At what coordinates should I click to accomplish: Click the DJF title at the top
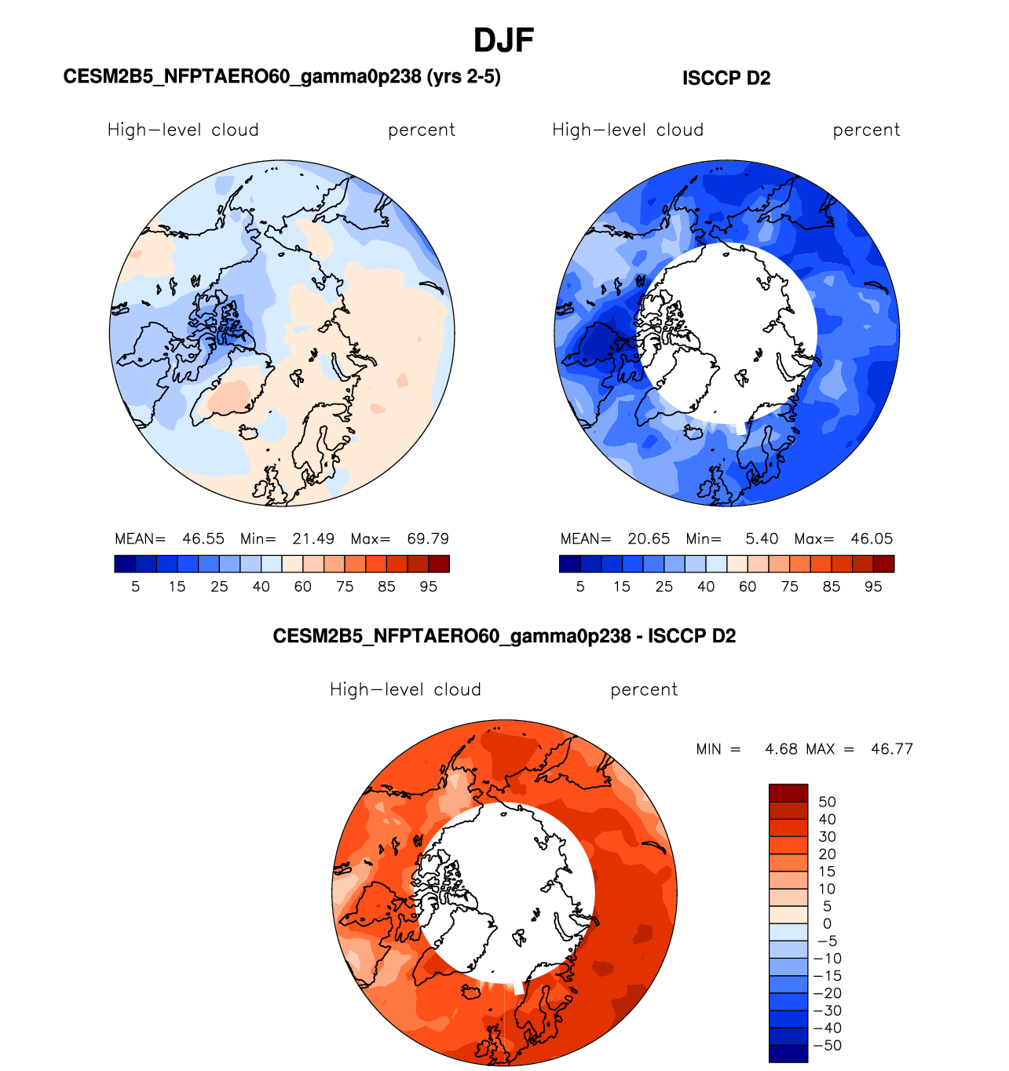(504, 40)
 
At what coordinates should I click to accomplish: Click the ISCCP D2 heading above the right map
(726, 79)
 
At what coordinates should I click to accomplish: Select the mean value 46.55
(203, 539)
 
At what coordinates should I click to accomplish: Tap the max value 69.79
(428, 539)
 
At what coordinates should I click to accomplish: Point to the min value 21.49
(313, 539)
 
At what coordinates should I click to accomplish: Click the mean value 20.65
(649, 539)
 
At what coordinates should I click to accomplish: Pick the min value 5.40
(762, 539)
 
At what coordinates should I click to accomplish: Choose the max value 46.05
(872, 539)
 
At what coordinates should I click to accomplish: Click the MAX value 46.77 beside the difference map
(892, 749)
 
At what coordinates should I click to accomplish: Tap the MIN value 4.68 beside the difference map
(781, 749)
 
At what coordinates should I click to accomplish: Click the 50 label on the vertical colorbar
(827, 802)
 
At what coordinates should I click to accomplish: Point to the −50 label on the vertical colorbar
(827, 1045)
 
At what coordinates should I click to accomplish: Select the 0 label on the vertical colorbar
(827, 923)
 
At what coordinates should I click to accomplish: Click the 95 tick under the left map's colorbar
(428, 587)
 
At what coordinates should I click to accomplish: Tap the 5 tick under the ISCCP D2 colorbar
(580, 587)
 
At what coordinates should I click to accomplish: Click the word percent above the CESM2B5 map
(422, 130)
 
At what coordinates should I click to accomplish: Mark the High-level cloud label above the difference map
(405, 690)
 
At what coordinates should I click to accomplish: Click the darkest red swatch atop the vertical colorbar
(788, 792)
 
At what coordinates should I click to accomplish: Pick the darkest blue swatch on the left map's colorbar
(125, 564)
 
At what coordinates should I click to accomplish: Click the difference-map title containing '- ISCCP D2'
(504, 636)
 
